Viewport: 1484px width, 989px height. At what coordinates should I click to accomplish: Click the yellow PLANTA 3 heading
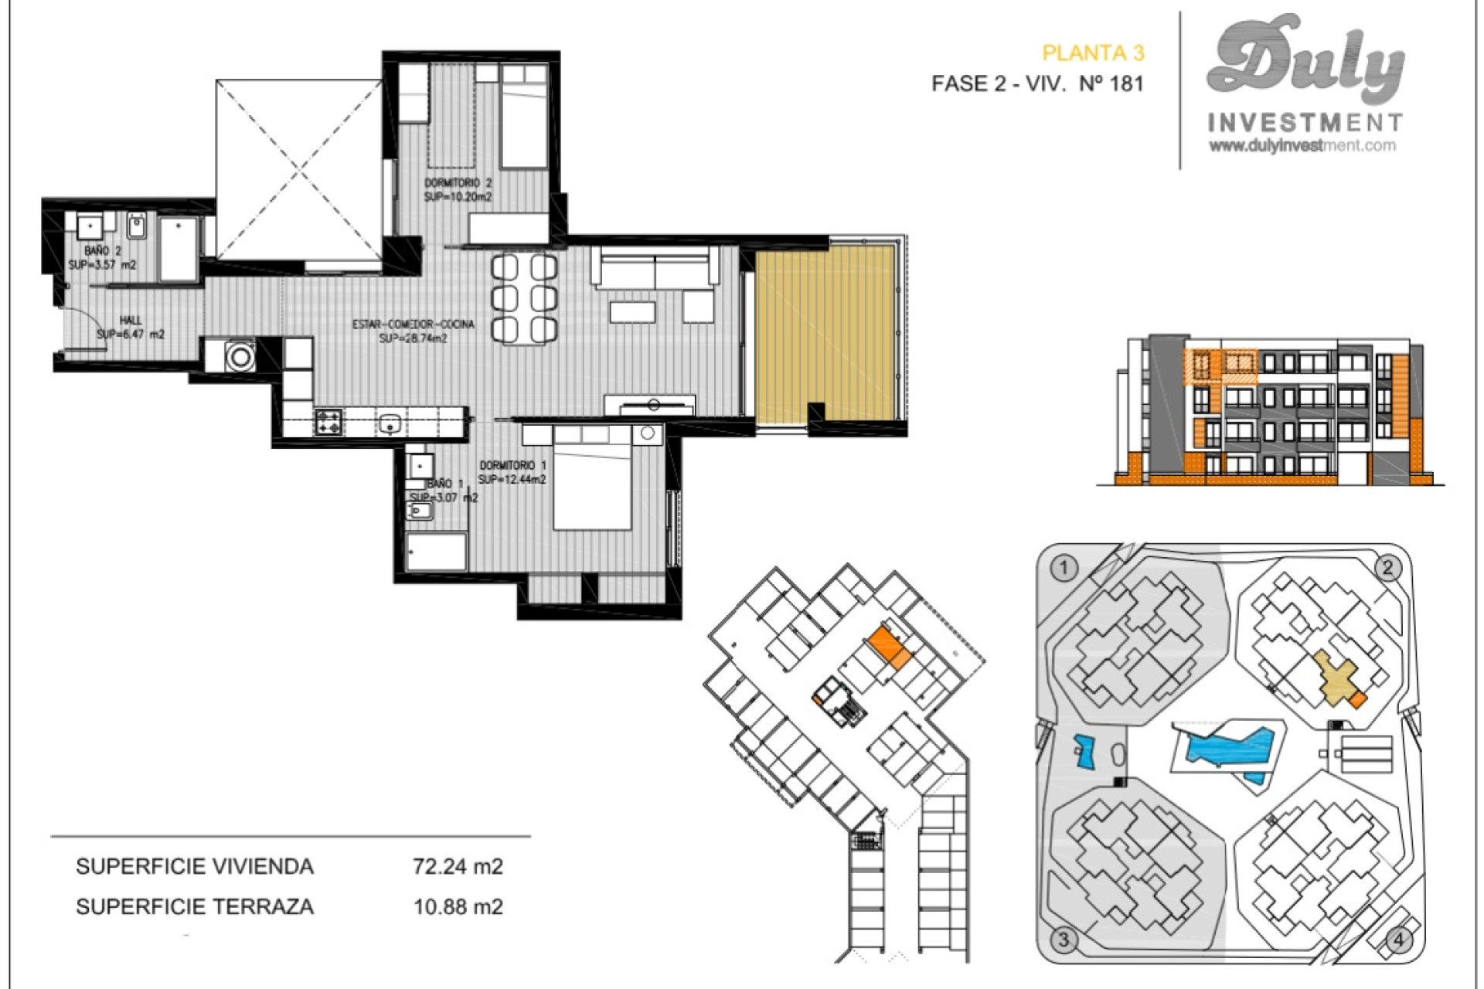coord(1092,53)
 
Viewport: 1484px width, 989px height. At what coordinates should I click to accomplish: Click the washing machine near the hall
coord(240,357)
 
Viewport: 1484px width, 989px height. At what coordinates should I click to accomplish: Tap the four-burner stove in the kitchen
coord(328,422)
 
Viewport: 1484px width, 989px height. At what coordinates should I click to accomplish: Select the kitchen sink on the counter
coord(390,423)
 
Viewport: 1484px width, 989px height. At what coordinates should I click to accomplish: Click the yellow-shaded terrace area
coord(824,332)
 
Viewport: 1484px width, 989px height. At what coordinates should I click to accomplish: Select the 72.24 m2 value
coord(458,866)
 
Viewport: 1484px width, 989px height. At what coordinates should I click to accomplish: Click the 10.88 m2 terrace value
coord(458,906)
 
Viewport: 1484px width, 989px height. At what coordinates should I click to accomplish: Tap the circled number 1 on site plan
coord(1064,569)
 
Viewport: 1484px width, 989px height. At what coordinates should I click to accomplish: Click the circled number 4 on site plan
coord(1398,940)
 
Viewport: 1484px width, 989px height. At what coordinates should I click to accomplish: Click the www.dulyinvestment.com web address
coord(1302,145)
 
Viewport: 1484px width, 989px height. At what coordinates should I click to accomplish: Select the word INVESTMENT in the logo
coord(1304,122)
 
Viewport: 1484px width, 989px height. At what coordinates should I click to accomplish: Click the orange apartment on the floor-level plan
coord(888,647)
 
